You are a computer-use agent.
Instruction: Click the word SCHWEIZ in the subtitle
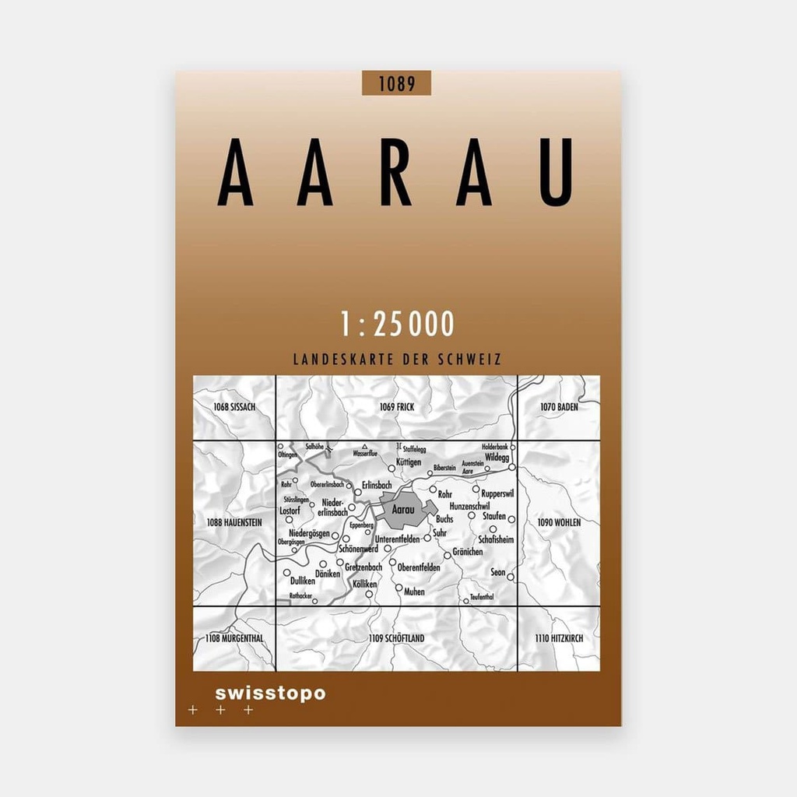[x=470, y=360]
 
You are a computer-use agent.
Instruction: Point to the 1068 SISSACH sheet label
[x=234, y=407]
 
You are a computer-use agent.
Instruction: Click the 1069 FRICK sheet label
[x=396, y=407]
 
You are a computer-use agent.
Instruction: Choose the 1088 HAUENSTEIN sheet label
[x=234, y=521]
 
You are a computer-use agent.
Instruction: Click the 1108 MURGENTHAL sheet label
[x=235, y=638]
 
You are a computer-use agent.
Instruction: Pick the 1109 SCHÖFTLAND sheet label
[x=396, y=638]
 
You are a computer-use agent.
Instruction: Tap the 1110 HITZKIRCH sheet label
[x=558, y=638]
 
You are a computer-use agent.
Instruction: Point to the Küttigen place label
[x=409, y=462]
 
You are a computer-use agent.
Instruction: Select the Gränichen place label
[x=467, y=552]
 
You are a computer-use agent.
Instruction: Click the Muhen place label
[x=414, y=592]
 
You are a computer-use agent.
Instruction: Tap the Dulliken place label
[x=302, y=581]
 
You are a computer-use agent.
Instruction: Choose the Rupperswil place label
[x=498, y=493]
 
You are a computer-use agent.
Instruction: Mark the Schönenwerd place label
[x=358, y=549]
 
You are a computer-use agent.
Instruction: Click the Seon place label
[x=498, y=573]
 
